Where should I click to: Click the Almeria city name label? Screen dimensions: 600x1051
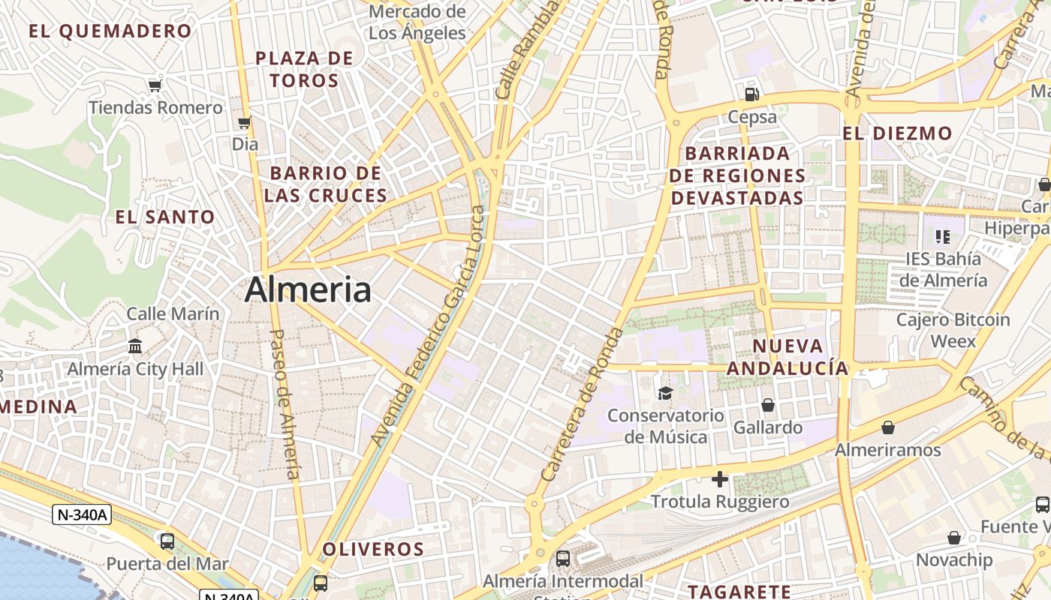pyautogui.click(x=308, y=289)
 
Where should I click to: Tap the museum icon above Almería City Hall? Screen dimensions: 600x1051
pyautogui.click(x=135, y=346)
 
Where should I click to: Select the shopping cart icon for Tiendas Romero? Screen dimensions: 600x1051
pyautogui.click(x=155, y=85)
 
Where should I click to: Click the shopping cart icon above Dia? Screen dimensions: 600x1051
pyautogui.click(x=244, y=122)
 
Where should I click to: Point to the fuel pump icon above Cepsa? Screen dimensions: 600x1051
pyautogui.click(x=751, y=94)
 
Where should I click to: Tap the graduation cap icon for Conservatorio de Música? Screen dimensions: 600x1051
pyautogui.click(x=665, y=393)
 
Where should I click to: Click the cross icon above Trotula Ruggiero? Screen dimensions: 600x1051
pyautogui.click(x=720, y=478)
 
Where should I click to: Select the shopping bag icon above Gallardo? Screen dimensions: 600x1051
pyautogui.click(x=768, y=405)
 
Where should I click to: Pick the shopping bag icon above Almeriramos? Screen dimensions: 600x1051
pyautogui.click(x=888, y=427)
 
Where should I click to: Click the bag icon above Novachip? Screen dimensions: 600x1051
pyautogui.click(x=953, y=538)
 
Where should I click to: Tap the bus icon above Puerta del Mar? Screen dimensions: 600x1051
pyautogui.click(x=167, y=541)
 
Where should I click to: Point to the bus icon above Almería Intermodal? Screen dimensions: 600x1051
pyautogui.click(x=563, y=558)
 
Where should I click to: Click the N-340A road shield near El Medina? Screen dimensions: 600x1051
pyautogui.click(x=82, y=514)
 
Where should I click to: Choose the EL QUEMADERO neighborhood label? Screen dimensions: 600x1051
pyautogui.click(x=110, y=31)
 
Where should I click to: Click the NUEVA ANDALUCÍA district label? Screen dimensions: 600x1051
pyautogui.click(x=787, y=357)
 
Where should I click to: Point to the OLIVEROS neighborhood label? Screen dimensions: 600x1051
pyautogui.click(x=373, y=549)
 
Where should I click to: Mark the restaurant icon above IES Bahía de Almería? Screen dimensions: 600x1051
pyautogui.click(x=943, y=237)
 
